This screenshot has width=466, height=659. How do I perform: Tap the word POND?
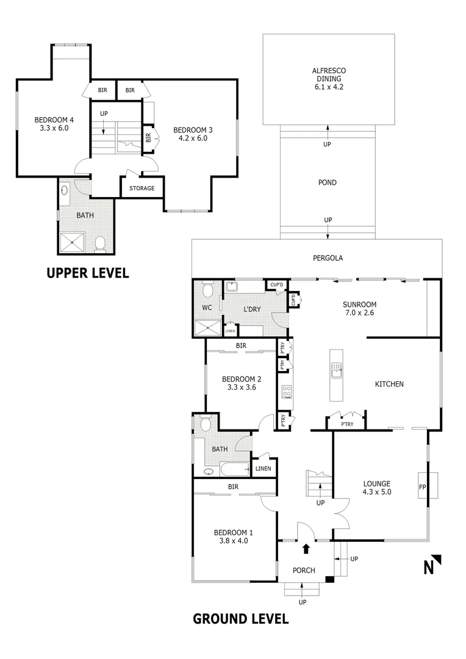click(x=328, y=182)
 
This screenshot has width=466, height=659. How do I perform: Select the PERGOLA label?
click(x=328, y=258)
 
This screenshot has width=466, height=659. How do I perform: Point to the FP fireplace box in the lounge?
click(x=423, y=486)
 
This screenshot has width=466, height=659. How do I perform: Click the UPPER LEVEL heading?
click(x=88, y=273)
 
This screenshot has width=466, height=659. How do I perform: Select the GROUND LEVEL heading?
click(x=240, y=619)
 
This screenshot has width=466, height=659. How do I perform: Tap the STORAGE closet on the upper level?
click(x=142, y=188)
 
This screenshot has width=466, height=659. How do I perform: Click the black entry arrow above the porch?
click(x=306, y=549)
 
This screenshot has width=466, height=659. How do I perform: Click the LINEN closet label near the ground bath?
click(x=263, y=469)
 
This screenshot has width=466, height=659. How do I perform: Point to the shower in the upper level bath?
click(x=74, y=242)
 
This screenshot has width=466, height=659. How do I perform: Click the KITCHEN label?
click(x=389, y=384)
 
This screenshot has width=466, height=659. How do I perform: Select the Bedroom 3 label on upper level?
click(x=193, y=129)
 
